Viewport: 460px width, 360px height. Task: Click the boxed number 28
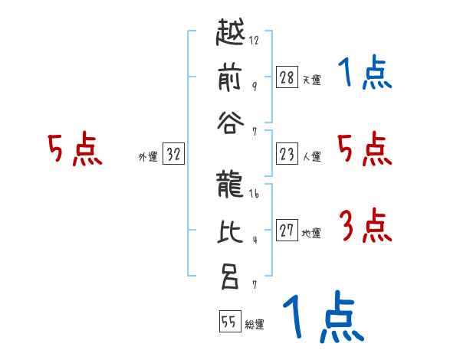(x=287, y=77)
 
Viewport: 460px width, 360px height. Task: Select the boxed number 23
(x=287, y=155)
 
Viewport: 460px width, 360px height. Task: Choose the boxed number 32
(x=173, y=155)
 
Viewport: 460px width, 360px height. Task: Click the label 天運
(x=311, y=80)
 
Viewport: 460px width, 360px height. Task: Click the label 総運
(x=255, y=325)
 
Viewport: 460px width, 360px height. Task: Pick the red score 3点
(x=365, y=227)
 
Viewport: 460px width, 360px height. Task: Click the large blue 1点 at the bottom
(x=323, y=317)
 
